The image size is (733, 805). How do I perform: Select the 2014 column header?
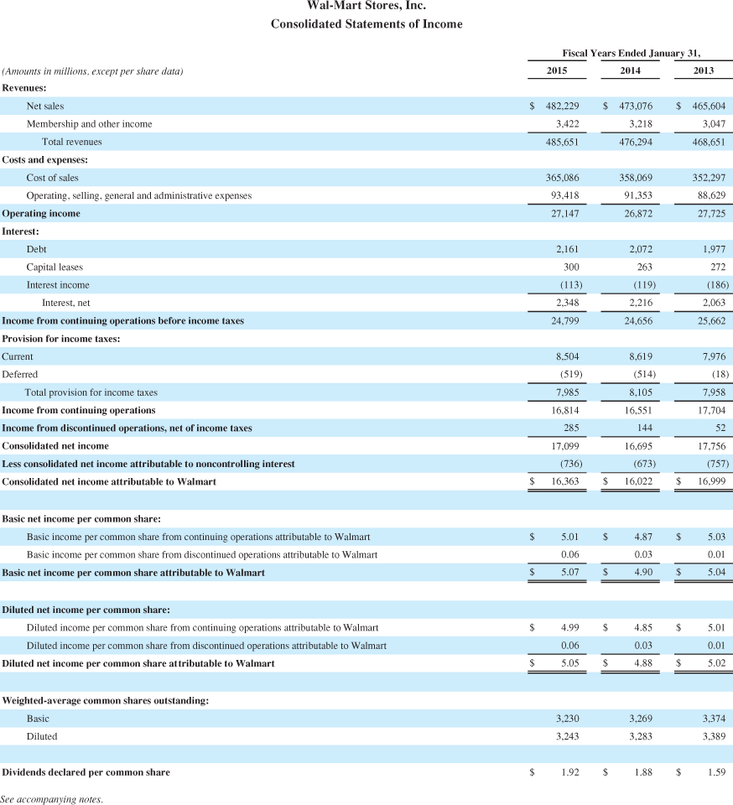click(x=630, y=70)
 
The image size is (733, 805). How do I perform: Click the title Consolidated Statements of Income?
click(x=366, y=24)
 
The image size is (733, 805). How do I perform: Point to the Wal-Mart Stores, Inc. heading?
click(x=366, y=6)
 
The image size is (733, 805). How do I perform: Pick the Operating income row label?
click(x=41, y=213)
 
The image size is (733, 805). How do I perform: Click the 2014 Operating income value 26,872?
click(x=635, y=213)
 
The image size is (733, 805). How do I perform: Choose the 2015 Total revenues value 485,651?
click(x=562, y=142)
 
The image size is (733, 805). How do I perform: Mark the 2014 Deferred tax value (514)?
click(x=639, y=374)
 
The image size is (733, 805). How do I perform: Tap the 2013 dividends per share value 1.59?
click(x=716, y=772)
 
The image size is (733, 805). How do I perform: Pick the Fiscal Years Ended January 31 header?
click(x=631, y=52)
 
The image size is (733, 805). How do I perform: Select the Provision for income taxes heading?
click(x=61, y=338)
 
